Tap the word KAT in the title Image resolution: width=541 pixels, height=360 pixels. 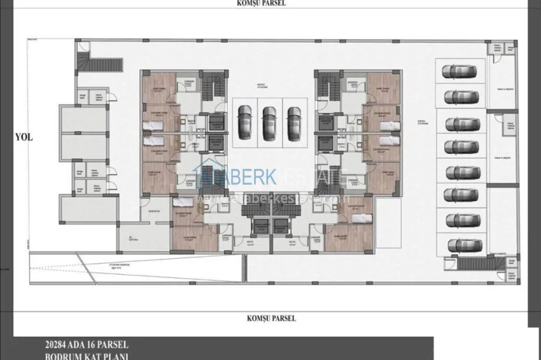click(93, 356)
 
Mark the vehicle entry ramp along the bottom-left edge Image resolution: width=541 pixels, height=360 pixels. click(134, 261)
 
